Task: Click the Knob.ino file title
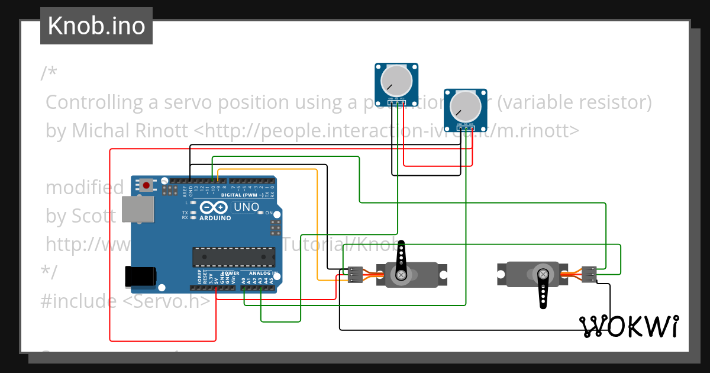tap(96, 26)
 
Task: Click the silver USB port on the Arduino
tap(137, 210)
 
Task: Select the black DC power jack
tap(140, 278)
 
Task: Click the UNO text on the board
tap(246, 207)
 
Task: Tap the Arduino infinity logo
tap(214, 208)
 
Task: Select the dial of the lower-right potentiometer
tap(466, 105)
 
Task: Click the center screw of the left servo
tap(402, 275)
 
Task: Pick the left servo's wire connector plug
tap(355, 275)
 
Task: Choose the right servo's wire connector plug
tap(589, 274)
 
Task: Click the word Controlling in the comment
tap(95, 102)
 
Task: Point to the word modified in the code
tap(85, 188)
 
